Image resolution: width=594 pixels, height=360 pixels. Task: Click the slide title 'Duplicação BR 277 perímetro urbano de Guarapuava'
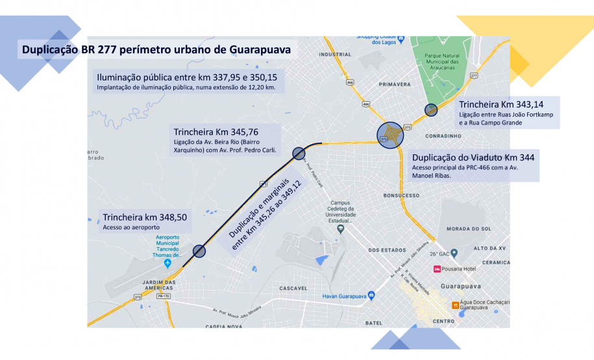(x=156, y=49)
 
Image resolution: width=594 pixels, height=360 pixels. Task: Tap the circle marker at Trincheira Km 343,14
(x=431, y=110)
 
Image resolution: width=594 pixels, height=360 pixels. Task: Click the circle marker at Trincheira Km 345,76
(x=299, y=153)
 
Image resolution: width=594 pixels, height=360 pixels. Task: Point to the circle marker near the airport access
(x=199, y=251)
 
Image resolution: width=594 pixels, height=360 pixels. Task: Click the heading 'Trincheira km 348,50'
(x=145, y=217)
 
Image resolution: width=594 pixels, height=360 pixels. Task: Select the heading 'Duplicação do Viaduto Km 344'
(x=473, y=157)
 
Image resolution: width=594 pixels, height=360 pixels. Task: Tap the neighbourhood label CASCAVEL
(x=292, y=287)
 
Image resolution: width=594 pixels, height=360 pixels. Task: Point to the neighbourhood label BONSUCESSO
(x=402, y=195)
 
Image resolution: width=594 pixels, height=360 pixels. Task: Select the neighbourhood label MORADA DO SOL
(x=465, y=228)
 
